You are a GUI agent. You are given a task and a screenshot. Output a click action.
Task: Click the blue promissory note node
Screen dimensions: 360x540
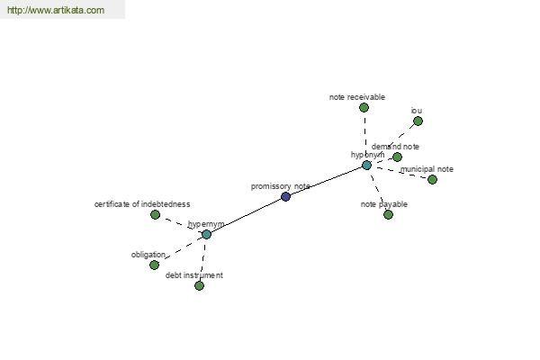285,196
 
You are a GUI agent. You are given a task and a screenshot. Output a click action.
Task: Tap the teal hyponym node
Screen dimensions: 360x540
366,165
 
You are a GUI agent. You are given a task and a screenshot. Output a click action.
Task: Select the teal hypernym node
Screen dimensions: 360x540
206,234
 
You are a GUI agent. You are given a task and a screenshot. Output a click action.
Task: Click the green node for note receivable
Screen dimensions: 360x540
364,107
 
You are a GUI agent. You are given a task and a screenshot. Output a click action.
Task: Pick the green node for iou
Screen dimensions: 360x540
418,121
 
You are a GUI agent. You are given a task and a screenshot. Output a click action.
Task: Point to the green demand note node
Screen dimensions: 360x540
397,157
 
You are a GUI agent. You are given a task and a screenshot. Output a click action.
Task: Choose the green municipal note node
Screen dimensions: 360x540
432,179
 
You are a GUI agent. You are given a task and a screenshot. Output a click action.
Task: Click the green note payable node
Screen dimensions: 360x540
388,214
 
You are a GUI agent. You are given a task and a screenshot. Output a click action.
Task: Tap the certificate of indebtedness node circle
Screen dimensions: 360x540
155,214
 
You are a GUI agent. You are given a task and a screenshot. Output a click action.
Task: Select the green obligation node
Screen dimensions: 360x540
154,265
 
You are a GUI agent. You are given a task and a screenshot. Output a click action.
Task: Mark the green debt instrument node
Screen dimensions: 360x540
199,285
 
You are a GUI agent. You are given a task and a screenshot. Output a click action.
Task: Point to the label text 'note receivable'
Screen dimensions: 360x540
357,96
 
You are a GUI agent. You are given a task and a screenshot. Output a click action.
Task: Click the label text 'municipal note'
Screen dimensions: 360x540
427,169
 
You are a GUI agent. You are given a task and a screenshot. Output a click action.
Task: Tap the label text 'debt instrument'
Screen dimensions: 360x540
193,275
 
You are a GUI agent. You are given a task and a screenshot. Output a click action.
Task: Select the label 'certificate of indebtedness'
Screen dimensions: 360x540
142,204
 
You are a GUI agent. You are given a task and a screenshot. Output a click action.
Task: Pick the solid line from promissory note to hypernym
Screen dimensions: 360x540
246,215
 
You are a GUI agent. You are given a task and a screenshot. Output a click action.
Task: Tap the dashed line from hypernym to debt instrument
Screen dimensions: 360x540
202,260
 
